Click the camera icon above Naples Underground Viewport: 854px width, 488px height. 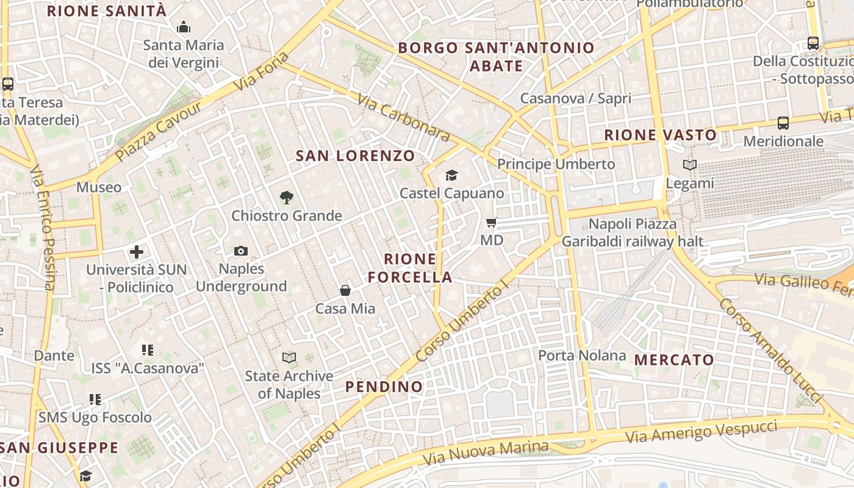click(241, 251)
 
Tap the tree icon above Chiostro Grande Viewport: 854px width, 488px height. click(286, 198)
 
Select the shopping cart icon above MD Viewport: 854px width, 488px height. click(492, 223)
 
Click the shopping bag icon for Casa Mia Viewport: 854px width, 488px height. click(345, 290)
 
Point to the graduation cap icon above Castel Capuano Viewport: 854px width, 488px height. click(451, 176)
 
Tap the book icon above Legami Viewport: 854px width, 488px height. click(690, 165)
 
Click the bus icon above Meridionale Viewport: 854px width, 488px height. click(783, 123)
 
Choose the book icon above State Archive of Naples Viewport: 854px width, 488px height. click(289, 358)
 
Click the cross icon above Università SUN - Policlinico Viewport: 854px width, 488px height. click(137, 251)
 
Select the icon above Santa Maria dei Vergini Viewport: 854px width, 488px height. click(183, 27)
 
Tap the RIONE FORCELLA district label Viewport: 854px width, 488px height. click(410, 268)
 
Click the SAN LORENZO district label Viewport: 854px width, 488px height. click(355, 156)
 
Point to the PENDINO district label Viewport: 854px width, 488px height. click(384, 387)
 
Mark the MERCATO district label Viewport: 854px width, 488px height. click(674, 360)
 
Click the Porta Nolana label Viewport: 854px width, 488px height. click(582, 355)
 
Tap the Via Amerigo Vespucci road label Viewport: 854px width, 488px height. click(701, 431)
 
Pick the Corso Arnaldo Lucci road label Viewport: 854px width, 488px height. click(770, 350)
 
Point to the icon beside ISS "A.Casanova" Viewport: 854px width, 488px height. click(147, 350)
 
